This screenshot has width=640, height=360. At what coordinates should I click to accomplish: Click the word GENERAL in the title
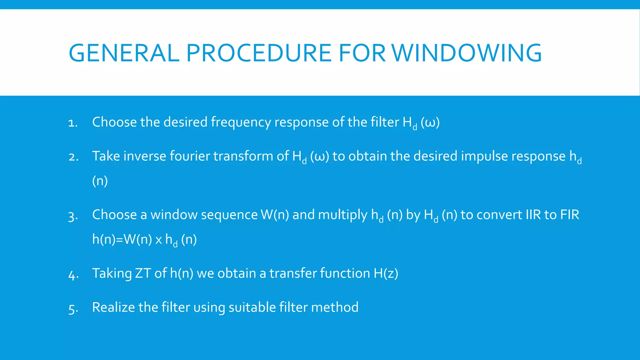[124, 53]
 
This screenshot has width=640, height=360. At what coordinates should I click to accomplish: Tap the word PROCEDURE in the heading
[258, 53]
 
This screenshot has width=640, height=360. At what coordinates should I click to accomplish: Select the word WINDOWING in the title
[467, 53]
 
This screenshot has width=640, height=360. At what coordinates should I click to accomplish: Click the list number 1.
[72, 123]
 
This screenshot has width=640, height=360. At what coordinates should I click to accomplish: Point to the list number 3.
[72, 216]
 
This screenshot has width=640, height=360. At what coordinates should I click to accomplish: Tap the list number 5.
[72, 308]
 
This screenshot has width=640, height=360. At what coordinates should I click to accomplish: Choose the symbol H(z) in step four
[386, 273]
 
